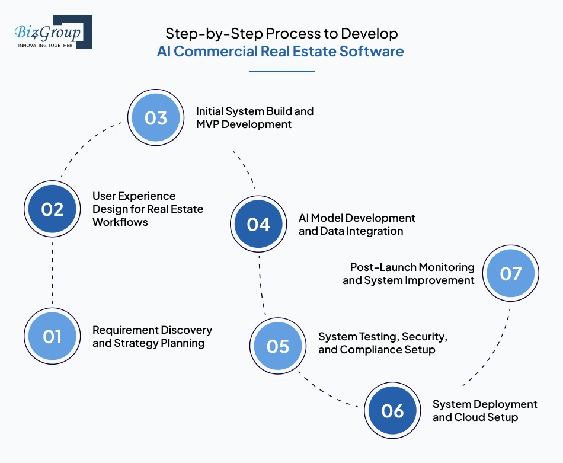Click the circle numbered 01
point(52,337)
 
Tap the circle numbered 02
point(52,209)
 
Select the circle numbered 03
point(155,117)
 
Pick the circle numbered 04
point(258,225)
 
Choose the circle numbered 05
point(277,346)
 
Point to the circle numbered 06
point(392,411)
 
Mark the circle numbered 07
point(510,273)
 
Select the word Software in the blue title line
point(372,51)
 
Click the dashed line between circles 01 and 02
point(52,273)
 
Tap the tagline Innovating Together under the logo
point(45,45)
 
